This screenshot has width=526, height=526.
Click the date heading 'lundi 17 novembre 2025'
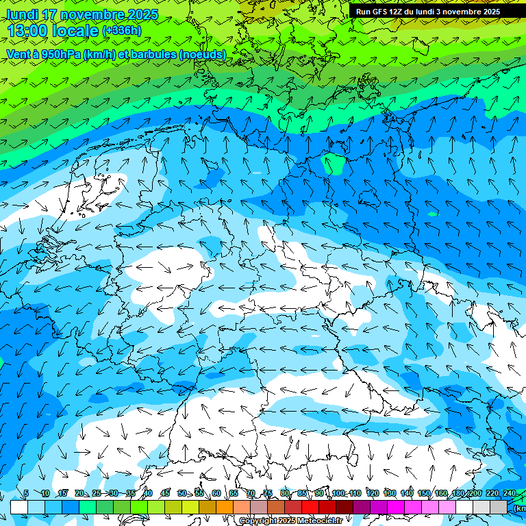click(x=82, y=14)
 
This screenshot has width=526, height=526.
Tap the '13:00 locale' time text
click(x=53, y=30)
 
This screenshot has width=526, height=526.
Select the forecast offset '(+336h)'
click(x=122, y=30)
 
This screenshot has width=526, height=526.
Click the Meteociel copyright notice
click(x=291, y=521)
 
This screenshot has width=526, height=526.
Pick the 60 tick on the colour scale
click(x=216, y=493)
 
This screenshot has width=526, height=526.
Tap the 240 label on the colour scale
click(x=509, y=493)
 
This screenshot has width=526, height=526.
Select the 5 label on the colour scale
click(x=26, y=493)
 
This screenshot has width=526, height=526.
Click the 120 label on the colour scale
click(x=373, y=493)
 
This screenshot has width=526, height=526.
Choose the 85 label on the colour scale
click(x=302, y=493)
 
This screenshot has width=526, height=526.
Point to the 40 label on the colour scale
click(x=148, y=493)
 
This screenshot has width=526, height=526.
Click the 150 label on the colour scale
click(x=424, y=493)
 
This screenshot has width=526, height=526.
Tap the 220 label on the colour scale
click(x=492, y=493)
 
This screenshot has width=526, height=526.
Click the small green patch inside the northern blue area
click(x=334, y=164)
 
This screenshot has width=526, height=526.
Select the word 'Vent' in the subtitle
click(x=20, y=54)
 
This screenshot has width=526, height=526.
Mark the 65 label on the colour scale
click(x=234, y=493)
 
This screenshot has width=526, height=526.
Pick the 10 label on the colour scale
click(x=45, y=493)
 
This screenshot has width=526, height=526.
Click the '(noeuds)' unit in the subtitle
click(x=202, y=54)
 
